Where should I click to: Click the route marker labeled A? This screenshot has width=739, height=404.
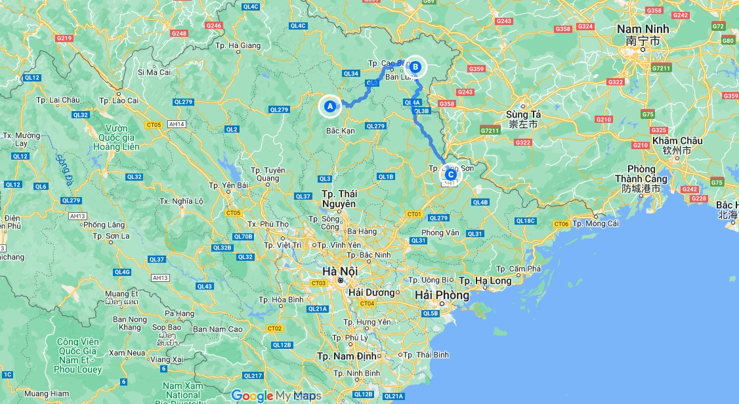[330, 106]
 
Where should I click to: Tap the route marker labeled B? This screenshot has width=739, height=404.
[415, 66]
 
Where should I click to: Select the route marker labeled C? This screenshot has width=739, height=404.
[450, 175]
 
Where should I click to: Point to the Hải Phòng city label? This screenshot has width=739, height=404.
[442, 296]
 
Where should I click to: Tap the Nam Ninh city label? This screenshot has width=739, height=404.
[643, 29]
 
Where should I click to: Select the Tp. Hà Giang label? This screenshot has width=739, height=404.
[238, 45]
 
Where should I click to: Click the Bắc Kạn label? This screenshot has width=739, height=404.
[340, 131]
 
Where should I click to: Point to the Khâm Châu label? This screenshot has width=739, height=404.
[678, 141]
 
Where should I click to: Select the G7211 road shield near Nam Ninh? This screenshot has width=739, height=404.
[661, 68]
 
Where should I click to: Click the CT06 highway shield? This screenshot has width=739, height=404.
[561, 224]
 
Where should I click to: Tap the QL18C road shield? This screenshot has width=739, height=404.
[526, 221]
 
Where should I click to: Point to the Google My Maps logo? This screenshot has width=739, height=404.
[276, 395]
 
